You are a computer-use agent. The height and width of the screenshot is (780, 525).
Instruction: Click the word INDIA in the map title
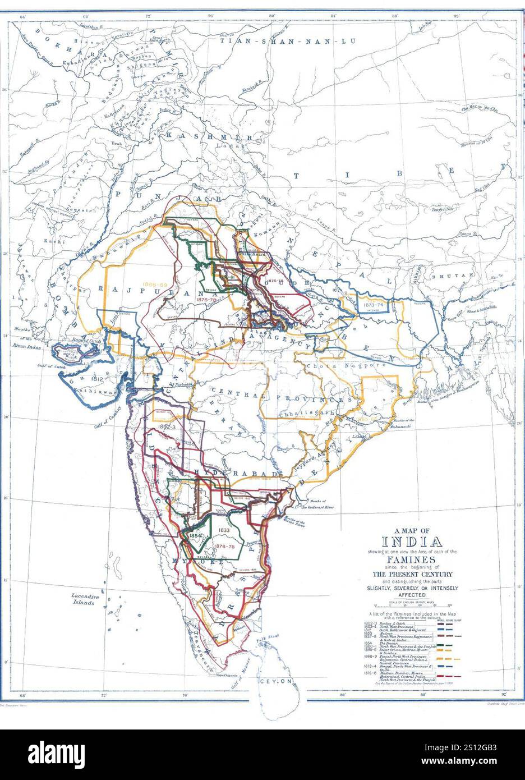pos(412,542)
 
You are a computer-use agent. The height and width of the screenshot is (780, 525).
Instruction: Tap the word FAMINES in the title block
pos(412,559)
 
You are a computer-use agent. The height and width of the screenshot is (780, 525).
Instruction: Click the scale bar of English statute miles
pos(412,605)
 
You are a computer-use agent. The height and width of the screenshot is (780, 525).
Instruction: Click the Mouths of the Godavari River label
pos(317,504)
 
